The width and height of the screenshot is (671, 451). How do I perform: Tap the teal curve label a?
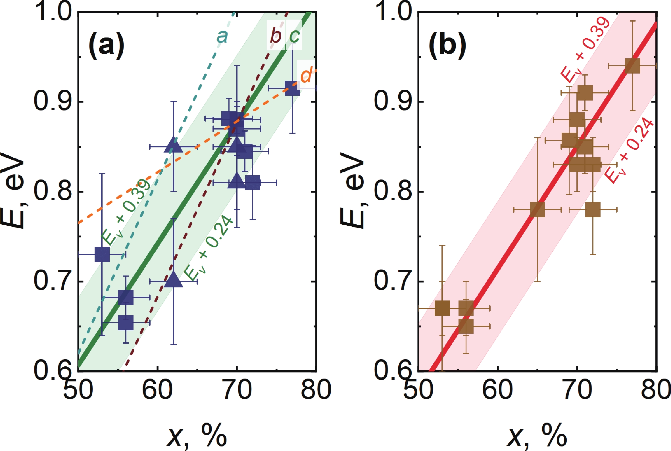click(x=222, y=37)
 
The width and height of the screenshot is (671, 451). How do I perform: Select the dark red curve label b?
click(x=276, y=36)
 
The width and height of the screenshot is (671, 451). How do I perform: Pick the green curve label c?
click(x=294, y=36)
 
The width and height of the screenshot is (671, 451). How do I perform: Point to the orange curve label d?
click(x=306, y=75)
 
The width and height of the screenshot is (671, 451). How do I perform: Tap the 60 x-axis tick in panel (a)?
click(x=157, y=389)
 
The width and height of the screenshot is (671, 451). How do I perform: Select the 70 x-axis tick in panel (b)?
click(x=577, y=389)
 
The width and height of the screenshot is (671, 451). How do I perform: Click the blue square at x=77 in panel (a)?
click(x=292, y=88)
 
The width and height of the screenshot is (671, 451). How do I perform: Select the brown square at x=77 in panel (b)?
click(x=633, y=66)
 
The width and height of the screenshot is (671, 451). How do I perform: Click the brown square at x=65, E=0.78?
click(x=537, y=209)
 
